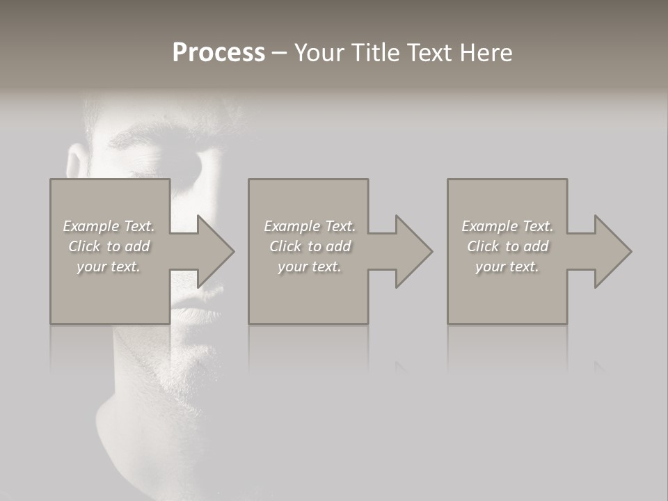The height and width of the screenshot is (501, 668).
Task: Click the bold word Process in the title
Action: click(218, 53)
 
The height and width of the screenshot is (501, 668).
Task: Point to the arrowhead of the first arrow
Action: click(216, 251)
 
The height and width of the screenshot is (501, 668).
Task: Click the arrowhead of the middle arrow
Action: click(414, 251)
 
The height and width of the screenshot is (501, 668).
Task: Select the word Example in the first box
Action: click(90, 226)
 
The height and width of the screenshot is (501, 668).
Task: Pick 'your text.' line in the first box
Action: click(109, 267)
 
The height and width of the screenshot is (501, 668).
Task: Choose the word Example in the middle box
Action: click(292, 226)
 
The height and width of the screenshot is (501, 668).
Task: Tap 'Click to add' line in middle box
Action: click(310, 246)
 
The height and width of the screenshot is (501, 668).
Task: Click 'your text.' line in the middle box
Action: click(310, 267)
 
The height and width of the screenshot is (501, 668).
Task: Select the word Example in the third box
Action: click(489, 226)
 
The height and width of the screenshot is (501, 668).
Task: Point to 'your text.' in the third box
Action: click(507, 267)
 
